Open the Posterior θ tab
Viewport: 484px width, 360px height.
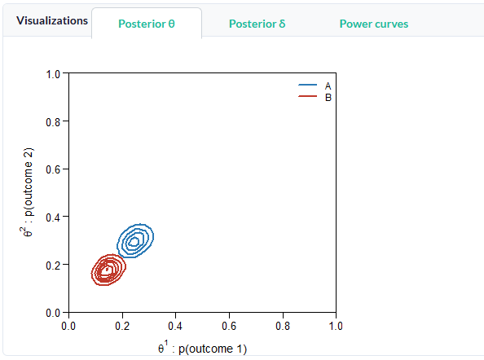(x=147, y=24)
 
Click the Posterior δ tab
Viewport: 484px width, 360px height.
(x=257, y=24)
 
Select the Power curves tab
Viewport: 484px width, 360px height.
(x=374, y=24)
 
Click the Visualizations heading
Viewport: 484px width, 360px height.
(x=52, y=20)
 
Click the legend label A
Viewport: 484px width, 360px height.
(x=328, y=86)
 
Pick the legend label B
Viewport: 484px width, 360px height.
(x=328, y=98)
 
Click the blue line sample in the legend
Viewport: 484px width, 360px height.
(x=307, y=85)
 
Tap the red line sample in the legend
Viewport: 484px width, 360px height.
(x=307, y=96)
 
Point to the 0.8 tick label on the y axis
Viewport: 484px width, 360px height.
(x=53, y=122)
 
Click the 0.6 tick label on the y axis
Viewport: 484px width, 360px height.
(x=53, y=169)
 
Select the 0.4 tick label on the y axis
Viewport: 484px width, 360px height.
(x=53, y=217)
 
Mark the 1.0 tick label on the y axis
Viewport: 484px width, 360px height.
(x=53, y=74)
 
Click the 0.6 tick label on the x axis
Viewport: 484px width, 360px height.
(x=229, y=326)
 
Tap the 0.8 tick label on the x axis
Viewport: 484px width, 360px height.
(x=283, y=326)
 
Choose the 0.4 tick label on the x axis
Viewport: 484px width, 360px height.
(x=175, y=326)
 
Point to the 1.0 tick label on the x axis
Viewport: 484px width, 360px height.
(x=336, y=326)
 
